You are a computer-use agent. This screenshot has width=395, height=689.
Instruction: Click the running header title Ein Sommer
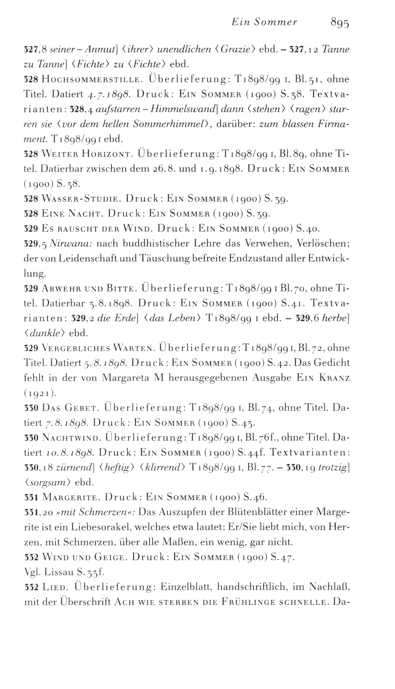264,23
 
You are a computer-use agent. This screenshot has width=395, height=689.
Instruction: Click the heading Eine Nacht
73,214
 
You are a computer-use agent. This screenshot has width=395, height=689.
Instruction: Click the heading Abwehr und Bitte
88,288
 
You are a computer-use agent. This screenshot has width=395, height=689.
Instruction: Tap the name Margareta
126,378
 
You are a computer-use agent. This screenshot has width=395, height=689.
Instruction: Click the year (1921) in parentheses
40,393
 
